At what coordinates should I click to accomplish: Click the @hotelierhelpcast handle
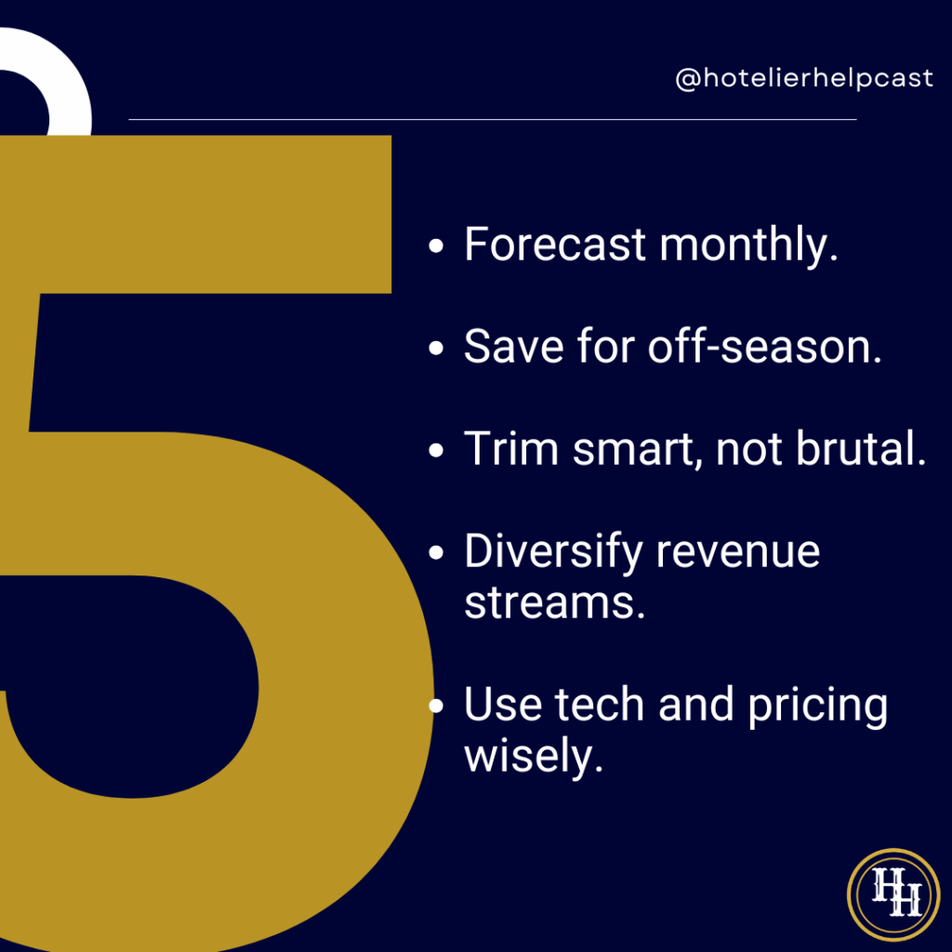click(x=804, y=79)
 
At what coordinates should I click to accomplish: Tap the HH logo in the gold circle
click(x=893, y=894)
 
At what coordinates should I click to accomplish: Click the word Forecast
click(x=555, y=245)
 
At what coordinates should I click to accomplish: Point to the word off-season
click(x=765, y=347)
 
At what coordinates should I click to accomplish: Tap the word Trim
click(x=511, y=449)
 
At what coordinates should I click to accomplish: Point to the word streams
click(x=554, y=603)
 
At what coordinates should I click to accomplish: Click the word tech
click(x=600, y=705)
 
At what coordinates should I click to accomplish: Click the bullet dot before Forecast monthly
click(x=436, y=245)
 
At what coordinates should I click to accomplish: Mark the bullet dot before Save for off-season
click(x=436, y=348)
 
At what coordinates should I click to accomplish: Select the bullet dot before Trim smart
click(x=436, y=451)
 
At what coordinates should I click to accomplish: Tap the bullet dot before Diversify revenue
click(x=436, y=552)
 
